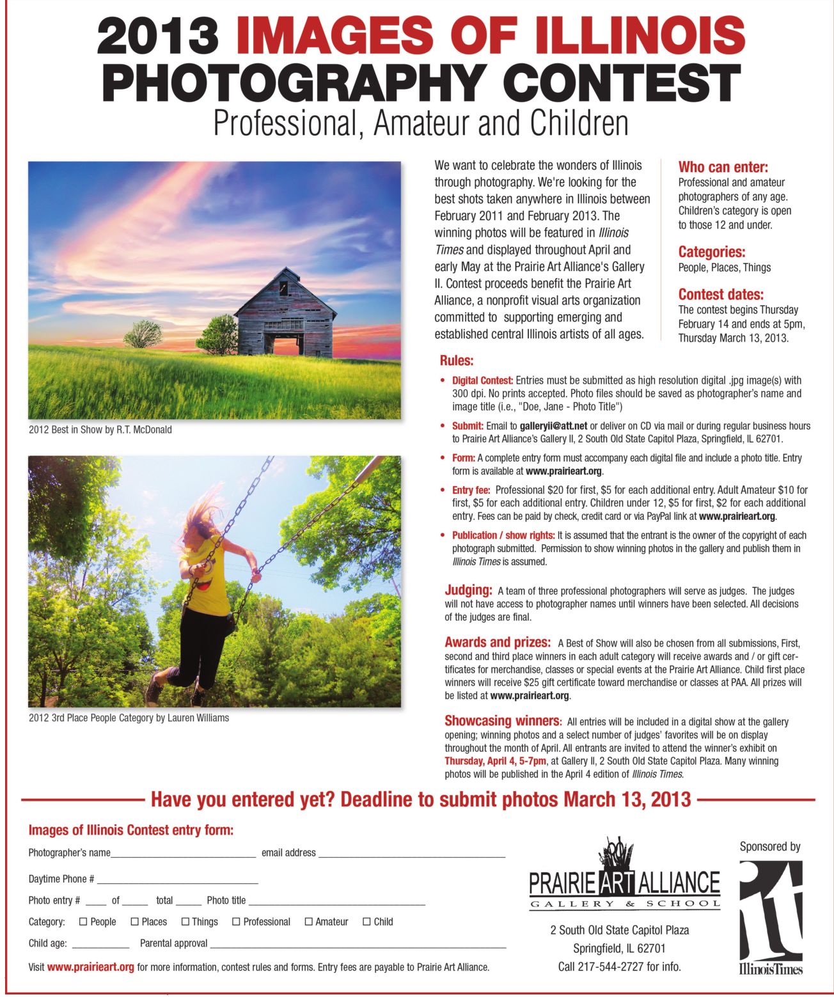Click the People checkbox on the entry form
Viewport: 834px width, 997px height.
[x=83, y=922]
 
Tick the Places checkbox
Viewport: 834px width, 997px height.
[x=134, y=922]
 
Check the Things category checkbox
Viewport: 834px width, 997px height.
[x=185, y=922]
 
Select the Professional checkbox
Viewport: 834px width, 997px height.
[x=236, y=922]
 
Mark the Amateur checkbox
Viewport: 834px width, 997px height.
[x=308, y=922]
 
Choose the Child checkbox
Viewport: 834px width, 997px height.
[x=366, y=922]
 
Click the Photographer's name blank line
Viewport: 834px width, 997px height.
[x=183, y=854]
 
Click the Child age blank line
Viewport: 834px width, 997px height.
[x=100, y=945]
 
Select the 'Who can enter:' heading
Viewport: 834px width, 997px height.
[x=723, y=168]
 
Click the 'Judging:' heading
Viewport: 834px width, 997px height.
[x=468, y=590]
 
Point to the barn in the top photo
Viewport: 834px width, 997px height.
[x=285, y=314]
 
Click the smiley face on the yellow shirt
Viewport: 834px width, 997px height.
[x=204, y=583]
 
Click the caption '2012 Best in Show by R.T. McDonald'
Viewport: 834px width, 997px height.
[x=100, y=430]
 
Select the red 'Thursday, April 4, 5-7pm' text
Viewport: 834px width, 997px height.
[x=495, y=761]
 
